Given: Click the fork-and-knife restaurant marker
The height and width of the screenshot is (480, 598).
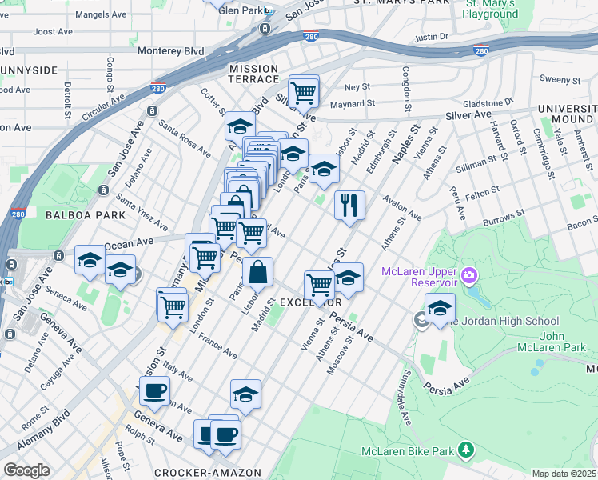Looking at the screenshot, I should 349,204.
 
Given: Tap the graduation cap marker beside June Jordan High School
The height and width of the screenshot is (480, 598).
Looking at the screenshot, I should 439,308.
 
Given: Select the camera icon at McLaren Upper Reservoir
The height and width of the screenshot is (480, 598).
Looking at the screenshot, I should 468,277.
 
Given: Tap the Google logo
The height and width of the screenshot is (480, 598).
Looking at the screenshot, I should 26,470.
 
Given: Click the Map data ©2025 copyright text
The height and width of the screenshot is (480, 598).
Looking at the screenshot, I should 564,474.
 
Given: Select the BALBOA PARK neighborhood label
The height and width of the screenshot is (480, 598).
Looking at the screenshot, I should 86,215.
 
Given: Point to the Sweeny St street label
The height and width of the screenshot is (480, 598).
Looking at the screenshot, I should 560,79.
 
